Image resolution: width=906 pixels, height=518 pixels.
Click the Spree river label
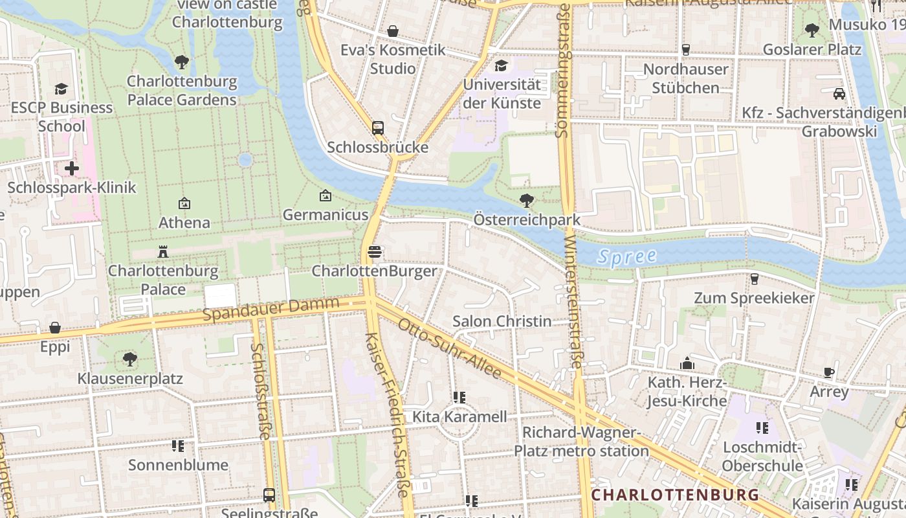click(626, 256)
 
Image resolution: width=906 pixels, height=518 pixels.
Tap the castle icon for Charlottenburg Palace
click(163, 252)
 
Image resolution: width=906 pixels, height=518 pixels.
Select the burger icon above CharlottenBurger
click(374, 252)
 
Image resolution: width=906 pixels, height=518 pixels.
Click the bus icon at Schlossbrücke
click(378, 128)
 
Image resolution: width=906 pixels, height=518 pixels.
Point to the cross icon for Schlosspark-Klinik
click(72, 169)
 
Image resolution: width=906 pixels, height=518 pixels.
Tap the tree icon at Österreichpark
click(527, 201)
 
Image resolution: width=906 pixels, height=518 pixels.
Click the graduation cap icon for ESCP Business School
click(61, 89)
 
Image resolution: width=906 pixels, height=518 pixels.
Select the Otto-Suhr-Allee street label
click(449, 348)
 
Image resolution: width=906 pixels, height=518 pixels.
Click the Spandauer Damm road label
click(271, 310)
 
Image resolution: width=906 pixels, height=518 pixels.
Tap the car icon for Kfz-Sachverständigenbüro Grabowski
click(839, 94)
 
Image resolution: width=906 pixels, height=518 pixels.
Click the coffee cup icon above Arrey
click(829, 372)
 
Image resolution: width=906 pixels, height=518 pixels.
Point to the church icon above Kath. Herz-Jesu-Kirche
click(687, 364)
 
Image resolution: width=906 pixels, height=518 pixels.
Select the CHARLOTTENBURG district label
click(675, 495)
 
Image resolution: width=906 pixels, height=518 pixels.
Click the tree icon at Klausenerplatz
click(130, 359)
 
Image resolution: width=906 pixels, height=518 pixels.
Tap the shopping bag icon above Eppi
click(55, 328)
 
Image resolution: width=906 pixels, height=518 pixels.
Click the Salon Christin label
click(502, 321)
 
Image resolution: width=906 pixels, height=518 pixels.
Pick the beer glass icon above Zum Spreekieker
click(754, 279)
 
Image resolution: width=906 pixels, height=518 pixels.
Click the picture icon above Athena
click(184, 203)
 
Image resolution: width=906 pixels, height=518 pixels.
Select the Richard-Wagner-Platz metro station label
click(581, 442)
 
